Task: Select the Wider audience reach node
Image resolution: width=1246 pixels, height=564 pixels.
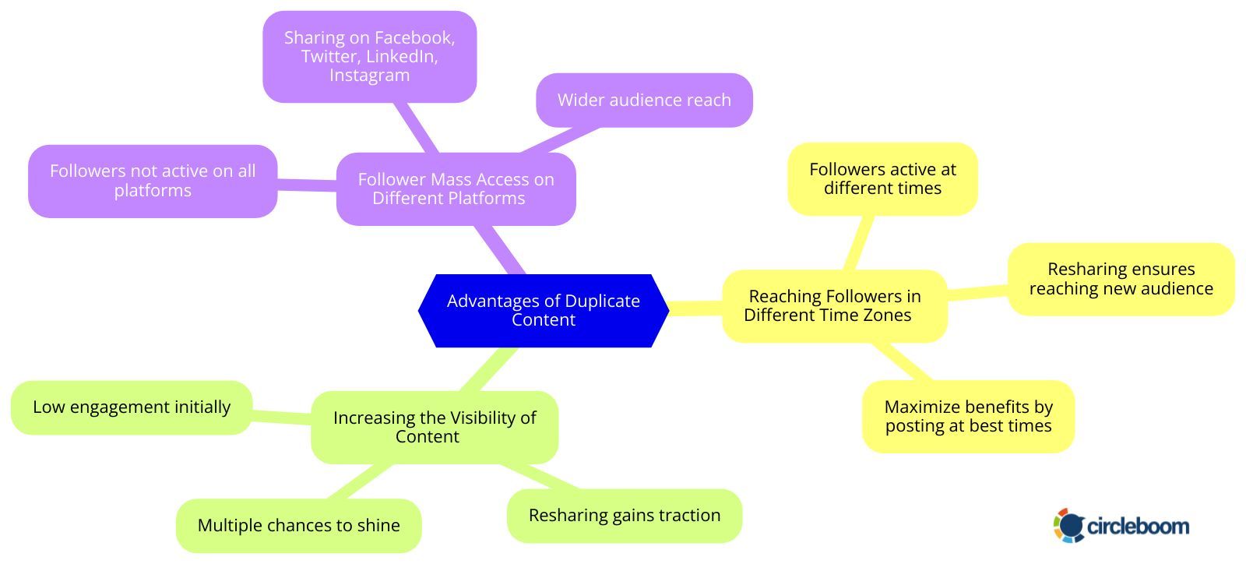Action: coord(644,100)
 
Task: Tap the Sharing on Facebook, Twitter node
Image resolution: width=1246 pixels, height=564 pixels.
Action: coord(369,56)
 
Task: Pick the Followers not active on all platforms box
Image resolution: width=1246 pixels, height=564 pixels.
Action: coord(153,181)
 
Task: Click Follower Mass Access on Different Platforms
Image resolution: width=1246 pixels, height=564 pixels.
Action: coord(456,189)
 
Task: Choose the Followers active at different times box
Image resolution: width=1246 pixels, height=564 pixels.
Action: coord(882,178)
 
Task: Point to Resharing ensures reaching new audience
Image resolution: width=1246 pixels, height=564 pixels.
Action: coord(1121,279)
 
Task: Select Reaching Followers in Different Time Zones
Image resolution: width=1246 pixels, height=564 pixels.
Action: coord(834,305)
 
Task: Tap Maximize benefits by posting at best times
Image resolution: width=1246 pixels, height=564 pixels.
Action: coord(968,416)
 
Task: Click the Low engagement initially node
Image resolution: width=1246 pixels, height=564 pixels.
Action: coord(132,407)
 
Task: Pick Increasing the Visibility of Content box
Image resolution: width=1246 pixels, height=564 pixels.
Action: coord(434,427)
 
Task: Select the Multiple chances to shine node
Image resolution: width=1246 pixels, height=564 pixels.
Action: coord(298,525)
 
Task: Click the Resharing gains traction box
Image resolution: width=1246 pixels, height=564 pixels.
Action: coord(624,516)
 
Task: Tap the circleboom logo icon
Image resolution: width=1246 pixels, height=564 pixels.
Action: coord(1069,525)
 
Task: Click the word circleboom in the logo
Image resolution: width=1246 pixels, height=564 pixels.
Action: coord(1138,527)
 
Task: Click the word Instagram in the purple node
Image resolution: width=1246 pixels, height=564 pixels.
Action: coord(369,76)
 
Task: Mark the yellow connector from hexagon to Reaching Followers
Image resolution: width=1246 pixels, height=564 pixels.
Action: coord(695,308)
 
